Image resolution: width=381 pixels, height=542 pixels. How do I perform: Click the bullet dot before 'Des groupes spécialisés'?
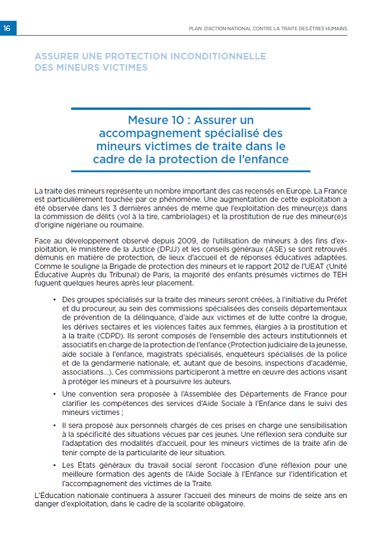(54, 301)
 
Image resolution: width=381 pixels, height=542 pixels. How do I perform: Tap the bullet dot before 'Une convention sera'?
(54, 394)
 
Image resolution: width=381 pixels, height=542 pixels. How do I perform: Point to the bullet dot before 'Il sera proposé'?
(54, 426)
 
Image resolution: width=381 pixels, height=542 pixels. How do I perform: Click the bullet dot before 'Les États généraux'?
(54, 465)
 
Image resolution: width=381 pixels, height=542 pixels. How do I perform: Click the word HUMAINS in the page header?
(335, 28)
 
